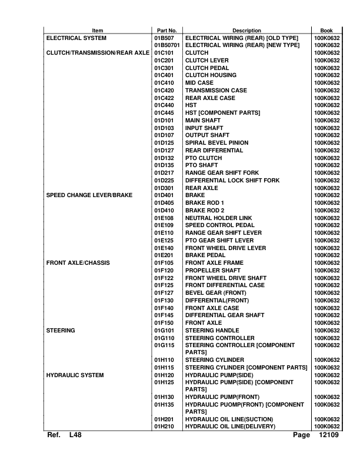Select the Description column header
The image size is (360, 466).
246,31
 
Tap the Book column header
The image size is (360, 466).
326,31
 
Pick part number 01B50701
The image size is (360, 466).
167,46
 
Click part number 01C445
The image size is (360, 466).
165,112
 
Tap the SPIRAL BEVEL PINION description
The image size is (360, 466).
217,142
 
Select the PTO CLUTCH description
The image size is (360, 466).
204,157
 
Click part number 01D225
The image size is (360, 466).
165,179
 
